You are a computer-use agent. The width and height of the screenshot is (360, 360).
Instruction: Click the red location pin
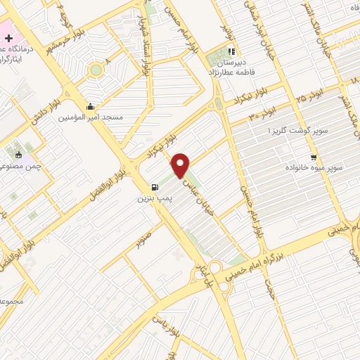tap(181, 165)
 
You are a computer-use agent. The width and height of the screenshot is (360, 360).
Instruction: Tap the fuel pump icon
tap(155, 188)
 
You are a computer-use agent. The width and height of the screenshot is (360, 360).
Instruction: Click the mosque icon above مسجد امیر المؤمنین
tap(91, 107)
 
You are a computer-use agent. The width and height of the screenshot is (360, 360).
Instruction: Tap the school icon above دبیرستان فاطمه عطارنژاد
tap(231, 51)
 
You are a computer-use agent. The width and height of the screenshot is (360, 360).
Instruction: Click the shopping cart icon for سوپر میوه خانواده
tap(314, 157)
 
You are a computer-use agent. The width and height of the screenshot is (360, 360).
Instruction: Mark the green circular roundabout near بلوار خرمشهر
tap(95, 70)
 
